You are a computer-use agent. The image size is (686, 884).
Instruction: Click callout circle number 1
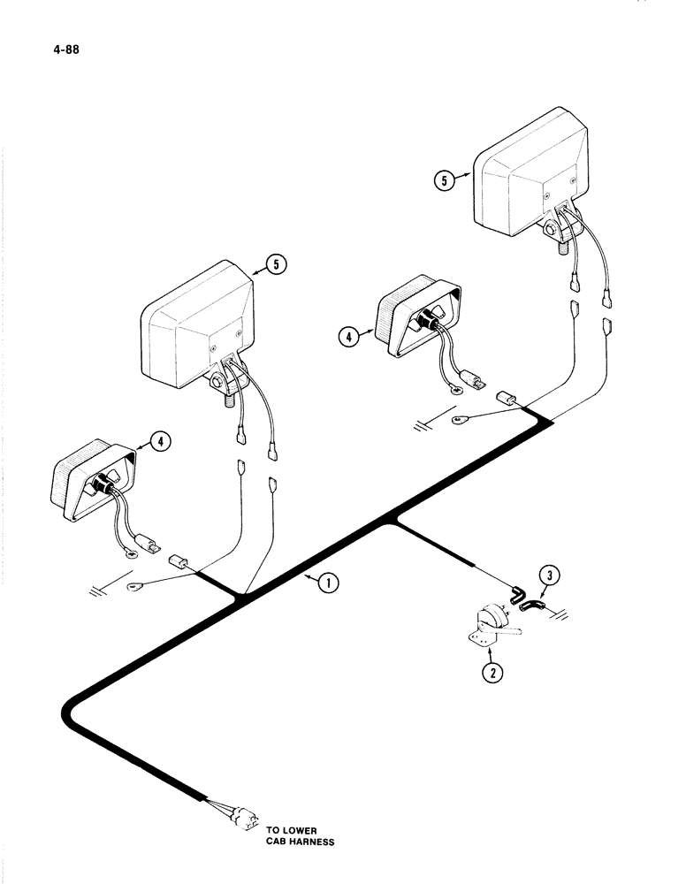[327, 581]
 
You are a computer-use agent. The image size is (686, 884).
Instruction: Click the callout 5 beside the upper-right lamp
[446, 181]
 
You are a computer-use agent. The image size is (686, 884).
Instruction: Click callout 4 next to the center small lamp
[349, 335]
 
